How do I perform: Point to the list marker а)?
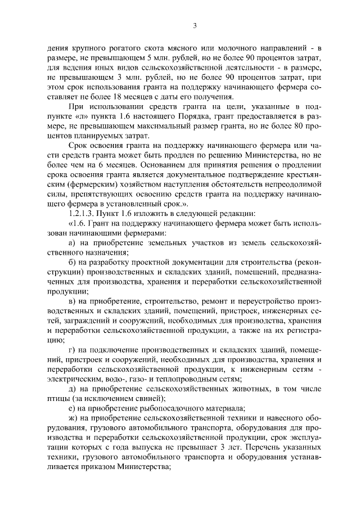tap(71, 242)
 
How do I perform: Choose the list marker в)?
tap(71, 301)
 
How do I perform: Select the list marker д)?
tap(71, 389)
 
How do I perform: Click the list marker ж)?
tap(72, 418)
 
